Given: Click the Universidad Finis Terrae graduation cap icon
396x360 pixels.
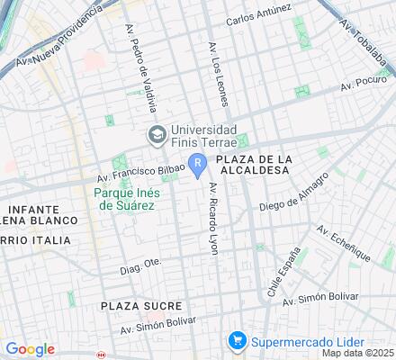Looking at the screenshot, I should coord(156,133).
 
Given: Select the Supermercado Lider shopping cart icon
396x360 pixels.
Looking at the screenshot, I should coord(237,341).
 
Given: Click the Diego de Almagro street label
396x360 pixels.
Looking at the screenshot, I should coord(292,197).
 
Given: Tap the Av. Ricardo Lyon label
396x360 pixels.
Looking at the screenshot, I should coord(213,219).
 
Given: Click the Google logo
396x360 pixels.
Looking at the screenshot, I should coord(30,349).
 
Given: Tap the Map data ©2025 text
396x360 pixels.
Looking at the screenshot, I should coord(359,354).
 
